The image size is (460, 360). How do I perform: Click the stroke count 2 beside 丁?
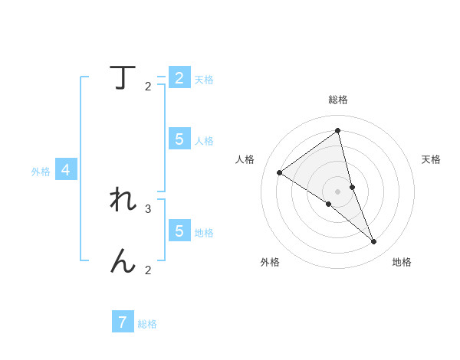pyautogui.click(x=148, y=87)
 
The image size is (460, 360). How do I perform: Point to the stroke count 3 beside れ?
pyautogui.click(x=148, y=208)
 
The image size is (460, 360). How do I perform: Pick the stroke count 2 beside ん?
pyautogui.click(x=148, y=270)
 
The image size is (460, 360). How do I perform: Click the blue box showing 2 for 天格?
pyautogui.click(x=179, y=78)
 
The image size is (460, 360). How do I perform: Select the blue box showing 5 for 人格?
pyautogui.click(x=179, y=139)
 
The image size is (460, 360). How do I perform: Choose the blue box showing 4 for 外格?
pyautogui.click(x=66, y=170)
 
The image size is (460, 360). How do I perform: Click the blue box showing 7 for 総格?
pyautogui.click(x=123, y=322)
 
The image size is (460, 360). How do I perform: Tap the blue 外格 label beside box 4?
pyautogui.click(x=41, y=172)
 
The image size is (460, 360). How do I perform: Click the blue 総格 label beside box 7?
pyautogui.click(x=147, y=324)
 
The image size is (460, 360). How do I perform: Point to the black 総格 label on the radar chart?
pyautogui.click(x=338, y=100)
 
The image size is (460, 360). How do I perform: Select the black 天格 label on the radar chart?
pyautogui.click(x=432, y=159)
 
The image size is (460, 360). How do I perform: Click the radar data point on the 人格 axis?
pyautogui.click(x=280, y=172)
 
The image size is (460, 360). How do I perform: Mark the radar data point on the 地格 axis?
pyautogui.click(x=373, y=242)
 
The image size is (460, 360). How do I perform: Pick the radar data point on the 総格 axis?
pyautogui.click(x=338, y=130)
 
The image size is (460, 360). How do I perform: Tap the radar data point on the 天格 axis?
pyautogui.click(x=352, y=187)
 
